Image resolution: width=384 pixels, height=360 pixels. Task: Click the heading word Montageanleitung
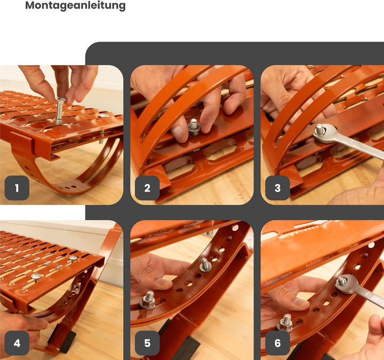click(x=75, y=5)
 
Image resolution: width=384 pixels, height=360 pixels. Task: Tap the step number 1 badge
click(x=17, y=188)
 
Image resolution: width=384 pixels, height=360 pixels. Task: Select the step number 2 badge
click(x=147, y=188)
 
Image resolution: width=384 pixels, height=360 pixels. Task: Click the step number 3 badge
click(x=277, y=188)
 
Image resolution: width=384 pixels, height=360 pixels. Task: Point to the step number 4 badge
click(x=17, y=343)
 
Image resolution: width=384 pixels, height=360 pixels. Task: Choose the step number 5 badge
click(x=147, y=343)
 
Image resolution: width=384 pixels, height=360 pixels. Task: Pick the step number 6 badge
click(x=277, y=343)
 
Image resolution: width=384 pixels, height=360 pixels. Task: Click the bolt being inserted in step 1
click(x=60, y=111)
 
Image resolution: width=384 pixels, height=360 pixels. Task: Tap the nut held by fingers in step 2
click(x=194, y=127)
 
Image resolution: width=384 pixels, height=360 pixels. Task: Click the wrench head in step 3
click(x=324, y=134)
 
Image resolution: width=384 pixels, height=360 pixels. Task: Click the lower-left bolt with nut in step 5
click(x=148, y=300)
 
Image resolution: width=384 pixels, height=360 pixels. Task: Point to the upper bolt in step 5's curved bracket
click(x=205, y=265)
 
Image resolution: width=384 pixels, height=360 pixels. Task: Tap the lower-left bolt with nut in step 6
click(x=285, y=323)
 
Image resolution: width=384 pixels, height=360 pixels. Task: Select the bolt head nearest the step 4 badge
click(x=36, y=276)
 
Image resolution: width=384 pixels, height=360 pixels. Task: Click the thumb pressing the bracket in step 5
click(x=164, y=284)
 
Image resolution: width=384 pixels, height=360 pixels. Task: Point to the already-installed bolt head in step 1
click(x=103, y=115)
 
